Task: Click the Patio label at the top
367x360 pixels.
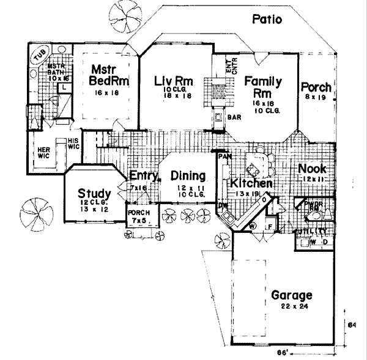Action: [x=267, y=20]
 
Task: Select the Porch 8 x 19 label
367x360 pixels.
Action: [x=316, y=88]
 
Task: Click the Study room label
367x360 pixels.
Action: [x=94, y=194]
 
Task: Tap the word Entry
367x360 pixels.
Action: [x=143, y=175]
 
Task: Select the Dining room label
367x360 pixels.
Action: [x=188, y=176]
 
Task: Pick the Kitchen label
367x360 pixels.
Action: [x=251, y=183]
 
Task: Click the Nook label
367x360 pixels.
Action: [x=312, y=169]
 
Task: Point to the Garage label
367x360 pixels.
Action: [x=291, y=296]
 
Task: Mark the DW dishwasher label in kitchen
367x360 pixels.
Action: [x=223, y=206]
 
